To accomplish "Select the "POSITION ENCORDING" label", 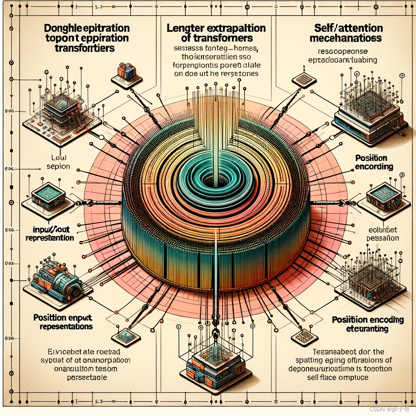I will click(x=374, y=162).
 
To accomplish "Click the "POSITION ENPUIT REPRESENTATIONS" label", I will click(x=63, y=322).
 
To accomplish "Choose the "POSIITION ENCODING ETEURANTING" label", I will click(x=368, y=324).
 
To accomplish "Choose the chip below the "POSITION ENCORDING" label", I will click(x=382, y=196).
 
